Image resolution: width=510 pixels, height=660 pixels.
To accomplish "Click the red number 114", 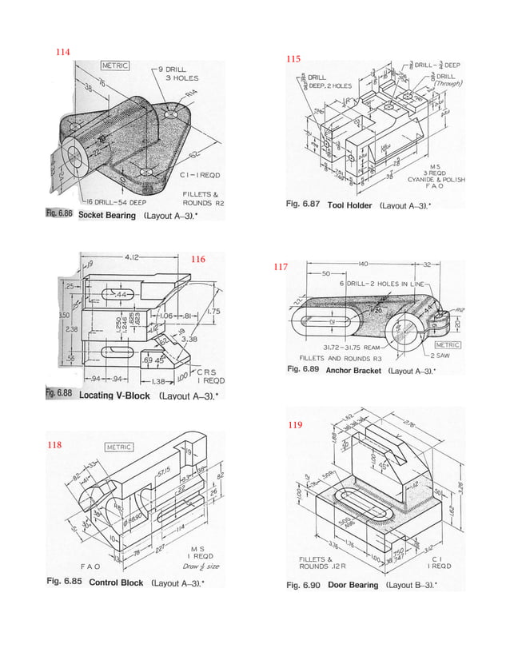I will point(62,52).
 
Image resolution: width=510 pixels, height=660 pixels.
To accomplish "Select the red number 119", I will point(295,426).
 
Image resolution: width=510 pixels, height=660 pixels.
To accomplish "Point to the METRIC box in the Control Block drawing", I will point(119,447).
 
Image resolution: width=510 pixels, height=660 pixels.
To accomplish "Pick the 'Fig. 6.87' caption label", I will point(303,205).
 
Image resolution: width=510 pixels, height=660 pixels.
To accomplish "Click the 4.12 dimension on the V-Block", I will point(133,256).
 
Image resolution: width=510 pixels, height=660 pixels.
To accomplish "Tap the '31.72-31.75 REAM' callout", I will point(351,348).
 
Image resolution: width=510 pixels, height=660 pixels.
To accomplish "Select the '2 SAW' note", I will point(441,355).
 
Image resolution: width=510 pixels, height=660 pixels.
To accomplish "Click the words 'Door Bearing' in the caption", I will point(353,585).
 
